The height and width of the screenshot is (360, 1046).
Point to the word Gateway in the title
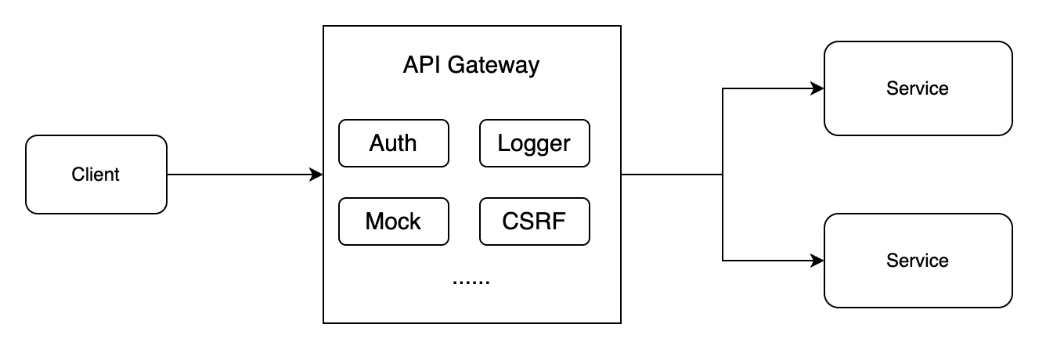point(492,65)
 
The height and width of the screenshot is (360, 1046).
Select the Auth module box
point(393,143)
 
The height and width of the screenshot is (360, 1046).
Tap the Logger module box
point(534,143)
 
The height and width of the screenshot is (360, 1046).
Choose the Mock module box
point(393,221)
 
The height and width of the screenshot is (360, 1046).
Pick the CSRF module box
point(534,221)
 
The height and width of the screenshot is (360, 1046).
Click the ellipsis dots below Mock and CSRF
point(471,280)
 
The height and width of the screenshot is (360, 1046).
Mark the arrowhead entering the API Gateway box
point(317,175)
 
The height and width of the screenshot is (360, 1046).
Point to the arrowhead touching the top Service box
point(818,88)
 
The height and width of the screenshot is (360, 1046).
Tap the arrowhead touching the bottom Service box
point(818,261)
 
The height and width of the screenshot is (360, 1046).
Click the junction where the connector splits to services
point(722,175)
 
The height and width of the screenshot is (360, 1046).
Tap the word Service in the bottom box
point(918,261)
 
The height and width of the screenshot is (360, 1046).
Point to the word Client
point(96,175)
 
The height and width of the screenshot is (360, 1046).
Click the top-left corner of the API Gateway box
point(324,26)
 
